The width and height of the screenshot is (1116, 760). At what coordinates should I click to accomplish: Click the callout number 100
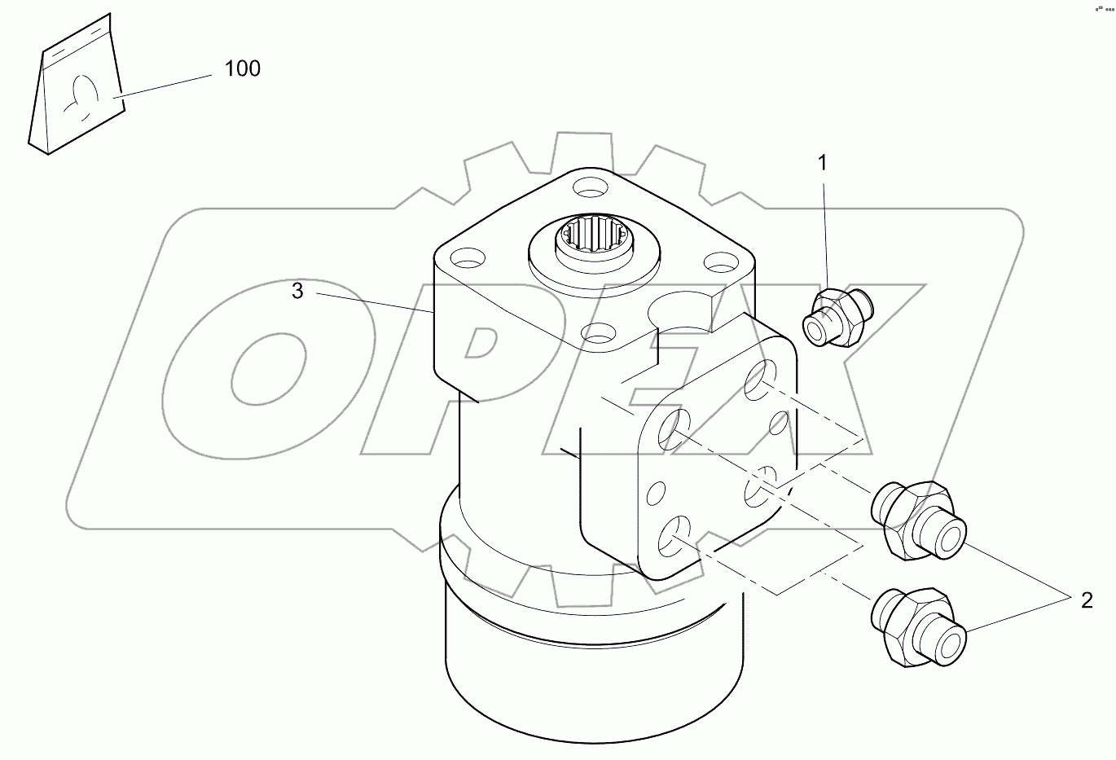tap(242, 68)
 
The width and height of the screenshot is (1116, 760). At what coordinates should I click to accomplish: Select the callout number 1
tap(822, 163)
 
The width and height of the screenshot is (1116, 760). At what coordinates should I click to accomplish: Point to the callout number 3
tap(297, 291)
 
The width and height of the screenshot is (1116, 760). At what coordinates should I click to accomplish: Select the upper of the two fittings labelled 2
tap(916, 521)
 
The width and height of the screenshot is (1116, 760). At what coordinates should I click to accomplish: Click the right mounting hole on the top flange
tap(719, 263)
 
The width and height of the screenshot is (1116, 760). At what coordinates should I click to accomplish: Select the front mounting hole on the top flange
tap(600, 332)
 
